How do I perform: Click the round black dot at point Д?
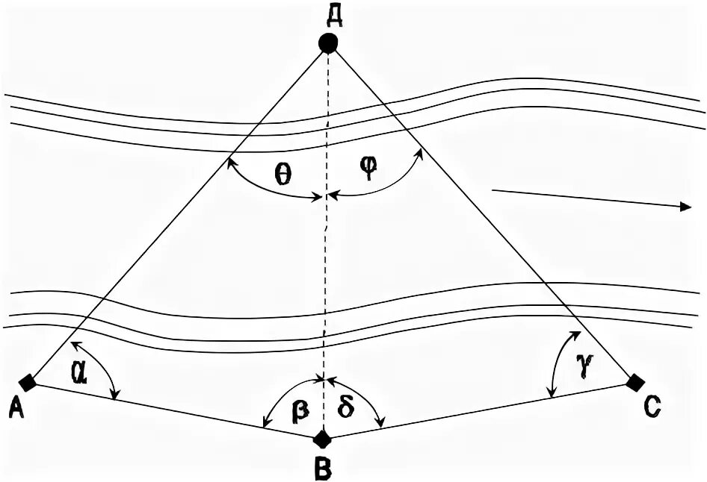point(328,43)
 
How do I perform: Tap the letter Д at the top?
point(329,12)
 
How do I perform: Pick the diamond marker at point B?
point(322,437)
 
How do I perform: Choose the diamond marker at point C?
point(635,383)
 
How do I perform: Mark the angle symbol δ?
point(345,410)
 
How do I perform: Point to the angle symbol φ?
point(368,169)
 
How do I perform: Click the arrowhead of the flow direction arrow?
point(685,207)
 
